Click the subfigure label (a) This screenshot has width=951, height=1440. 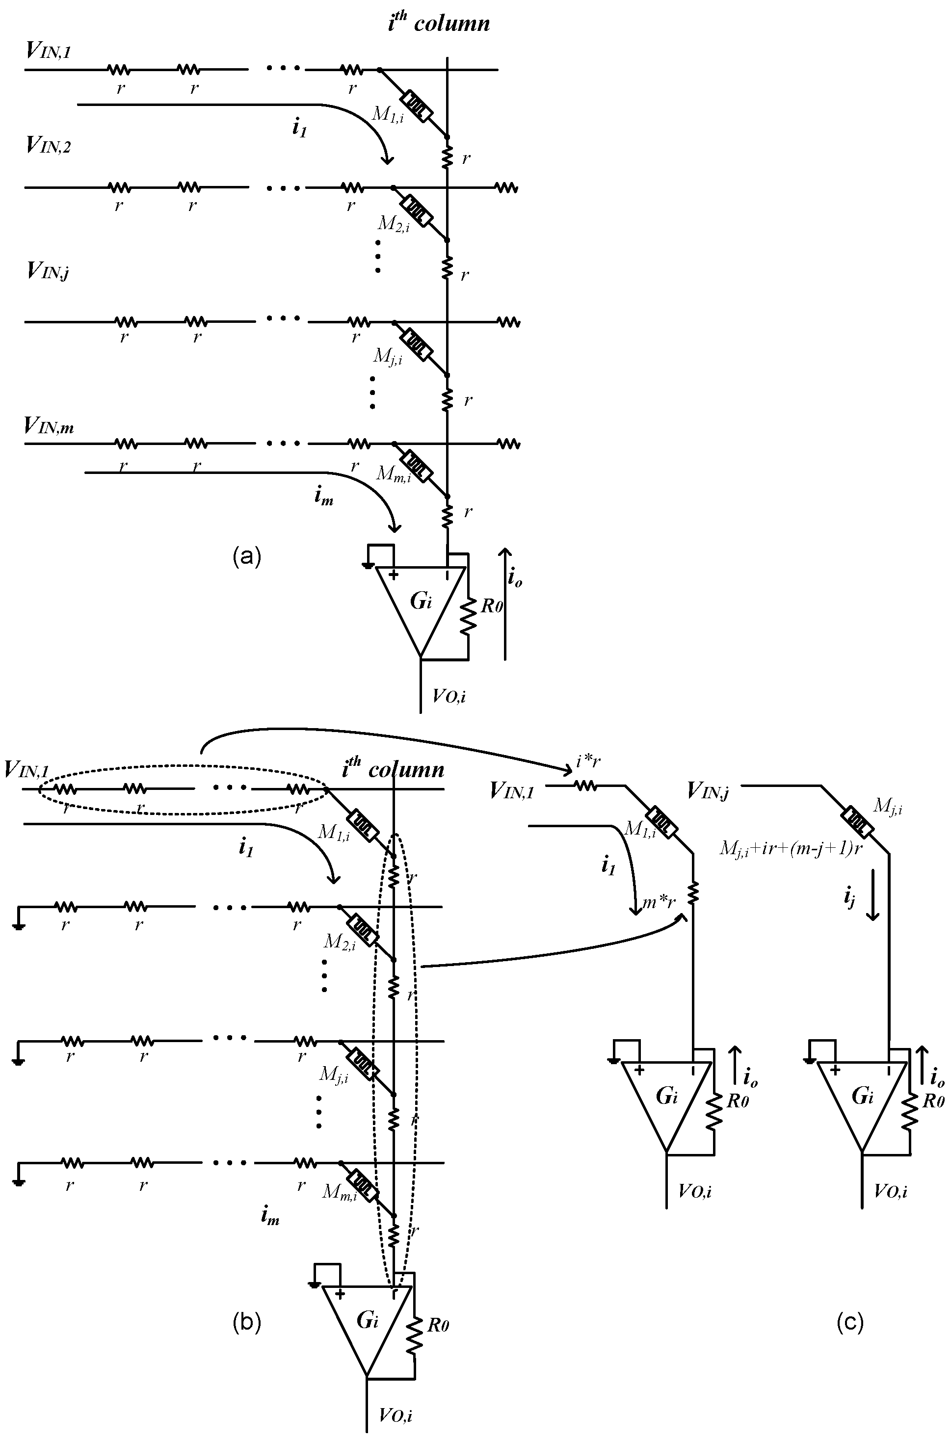pos(246,555)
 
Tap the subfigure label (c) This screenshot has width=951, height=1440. pos(849,1322)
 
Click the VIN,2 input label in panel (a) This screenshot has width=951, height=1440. pos(49,146)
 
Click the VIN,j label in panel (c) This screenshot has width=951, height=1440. pos(709,790)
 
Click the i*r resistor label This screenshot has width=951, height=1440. pos(588,761)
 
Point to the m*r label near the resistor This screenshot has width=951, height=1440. pos(659,902)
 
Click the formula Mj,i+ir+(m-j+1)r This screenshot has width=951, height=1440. pos(791,848)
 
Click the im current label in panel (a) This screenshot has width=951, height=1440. pos(323,497)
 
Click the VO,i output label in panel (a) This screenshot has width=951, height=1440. pos(449,696)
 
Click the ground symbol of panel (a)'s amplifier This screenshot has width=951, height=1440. pos(367,566)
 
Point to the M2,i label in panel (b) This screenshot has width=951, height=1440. pos(340,941)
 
